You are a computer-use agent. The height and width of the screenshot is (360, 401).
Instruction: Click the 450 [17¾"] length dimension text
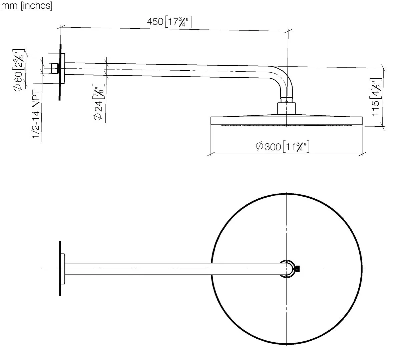tap(169, 22)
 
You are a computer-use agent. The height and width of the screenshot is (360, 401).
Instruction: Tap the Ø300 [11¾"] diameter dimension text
tap(283, 146)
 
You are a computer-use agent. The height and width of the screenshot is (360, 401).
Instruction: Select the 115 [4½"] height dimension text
tap(377, 97)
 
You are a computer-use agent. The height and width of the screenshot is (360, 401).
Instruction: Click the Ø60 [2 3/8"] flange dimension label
tap(19, 71)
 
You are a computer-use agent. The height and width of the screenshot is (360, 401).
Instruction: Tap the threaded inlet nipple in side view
tap(54, 69)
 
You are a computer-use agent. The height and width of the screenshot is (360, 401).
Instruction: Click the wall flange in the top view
tap(62, 268)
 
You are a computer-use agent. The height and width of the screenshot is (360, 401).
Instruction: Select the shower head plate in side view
tap(287, 120)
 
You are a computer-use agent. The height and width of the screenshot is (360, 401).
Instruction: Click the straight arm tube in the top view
tap(167, 269)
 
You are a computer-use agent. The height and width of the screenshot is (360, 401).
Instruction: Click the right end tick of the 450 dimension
tap(288, 32)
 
